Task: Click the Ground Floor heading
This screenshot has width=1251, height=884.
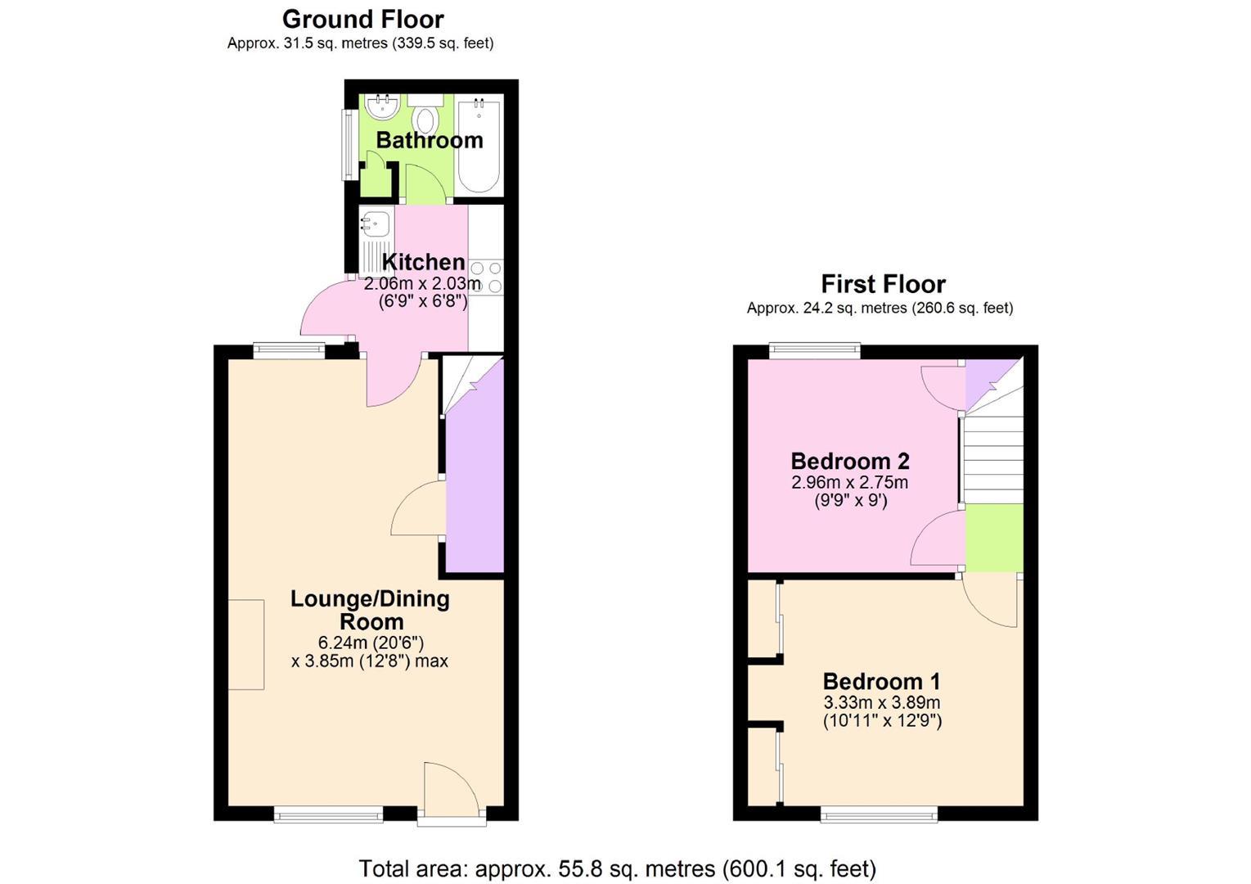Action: pos(363,20)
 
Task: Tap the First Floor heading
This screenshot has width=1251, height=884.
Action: pos(883,284)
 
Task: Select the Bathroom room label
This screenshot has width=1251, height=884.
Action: pos(430,140)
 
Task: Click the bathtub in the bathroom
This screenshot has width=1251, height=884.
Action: pos(479,145)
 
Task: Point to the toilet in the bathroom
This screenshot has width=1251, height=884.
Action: pos(425,115)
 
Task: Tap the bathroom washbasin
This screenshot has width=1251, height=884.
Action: pos(383,106)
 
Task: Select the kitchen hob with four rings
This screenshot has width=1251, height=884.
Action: pos(486,277)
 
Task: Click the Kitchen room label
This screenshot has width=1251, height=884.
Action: pos(423,262)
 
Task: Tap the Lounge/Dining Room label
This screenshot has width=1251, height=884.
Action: pos(371,610)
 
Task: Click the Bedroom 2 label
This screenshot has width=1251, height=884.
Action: pos(850,462)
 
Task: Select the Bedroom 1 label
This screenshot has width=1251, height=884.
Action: pos(881,682)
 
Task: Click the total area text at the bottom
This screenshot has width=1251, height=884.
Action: pos(617,869)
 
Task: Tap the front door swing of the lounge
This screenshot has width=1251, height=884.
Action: pos(452,785)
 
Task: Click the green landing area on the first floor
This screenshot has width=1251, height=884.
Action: pos(995,539)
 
